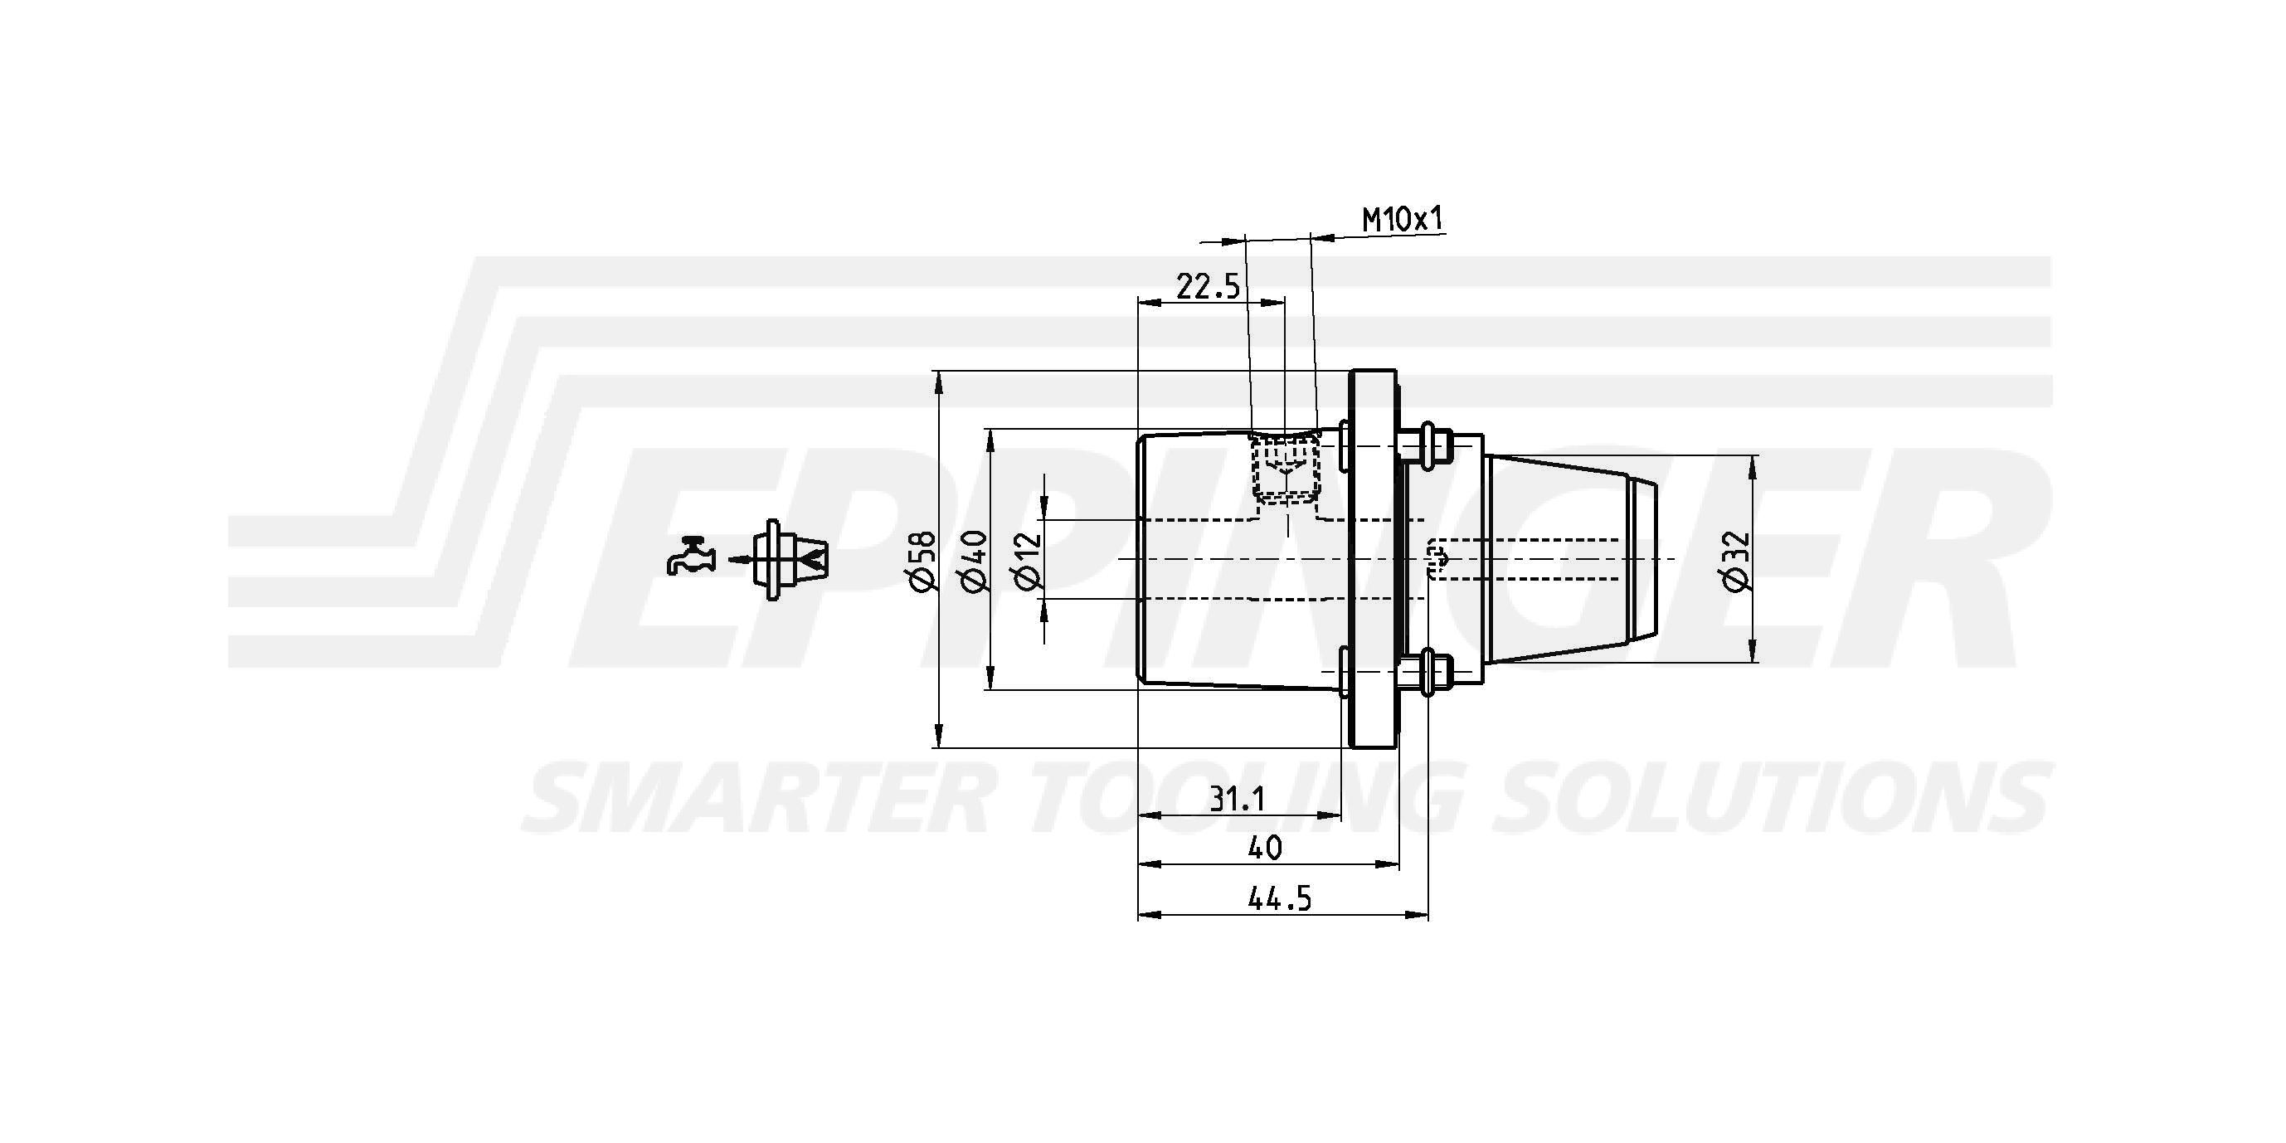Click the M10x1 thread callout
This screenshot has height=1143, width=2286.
click(x=1403, y=219)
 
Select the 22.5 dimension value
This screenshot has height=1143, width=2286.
click(x=1208, y=287)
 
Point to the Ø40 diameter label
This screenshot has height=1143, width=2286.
click(x=974, y=559)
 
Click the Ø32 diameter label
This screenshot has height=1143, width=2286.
click(x=1736, y=559)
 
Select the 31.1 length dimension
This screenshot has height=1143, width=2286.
click(x=1237, y=800)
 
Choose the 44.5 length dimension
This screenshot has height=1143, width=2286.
click(x=1279, y=899)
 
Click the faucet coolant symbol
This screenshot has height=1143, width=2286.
click(x=690, y=557)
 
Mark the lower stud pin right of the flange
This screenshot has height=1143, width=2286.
click(x=1428, y=673)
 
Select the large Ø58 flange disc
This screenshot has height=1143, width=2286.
click(x=1372, y=559)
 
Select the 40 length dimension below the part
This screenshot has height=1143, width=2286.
click(x=1265, y=849)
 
